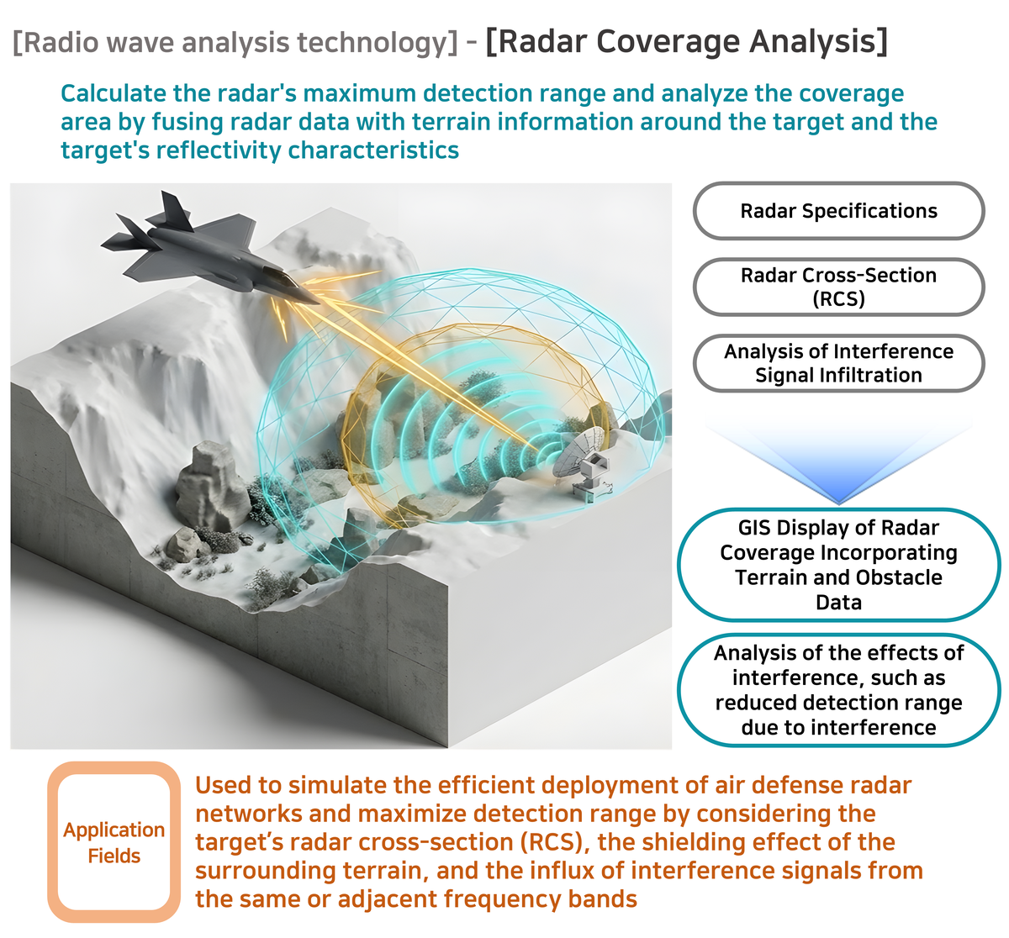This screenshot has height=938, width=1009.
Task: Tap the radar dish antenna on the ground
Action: point(584,460)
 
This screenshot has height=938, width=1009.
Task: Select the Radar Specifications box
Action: point(838,211)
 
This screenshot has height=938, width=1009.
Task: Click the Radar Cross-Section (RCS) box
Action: point(838,287)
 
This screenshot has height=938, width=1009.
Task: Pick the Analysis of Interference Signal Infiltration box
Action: point(838,363)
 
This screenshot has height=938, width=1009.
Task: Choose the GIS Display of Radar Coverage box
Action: point(838,565)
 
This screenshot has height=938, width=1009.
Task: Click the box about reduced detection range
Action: point(838,690)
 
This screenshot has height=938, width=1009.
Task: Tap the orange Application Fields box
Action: point(114,842)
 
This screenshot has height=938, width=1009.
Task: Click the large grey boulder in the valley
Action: point(210,485)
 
